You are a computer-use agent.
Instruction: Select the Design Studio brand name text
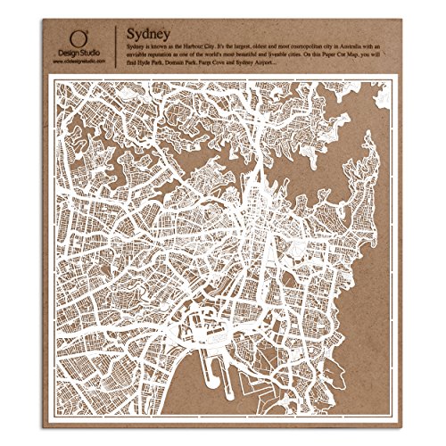point(81,54)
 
